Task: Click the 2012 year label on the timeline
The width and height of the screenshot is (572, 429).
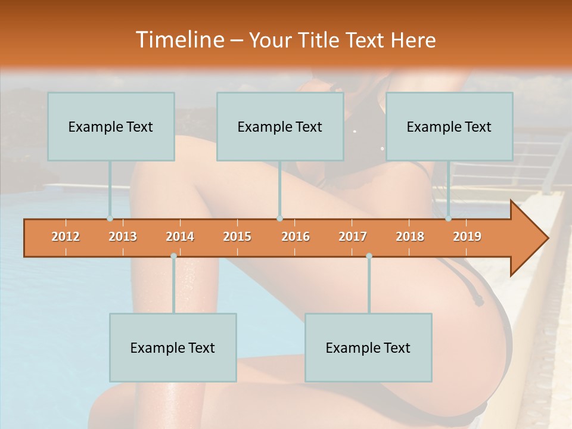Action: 66,237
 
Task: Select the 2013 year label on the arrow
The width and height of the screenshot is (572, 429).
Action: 123,237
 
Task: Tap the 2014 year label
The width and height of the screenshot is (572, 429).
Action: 180,237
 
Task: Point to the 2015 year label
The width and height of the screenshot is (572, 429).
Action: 237,237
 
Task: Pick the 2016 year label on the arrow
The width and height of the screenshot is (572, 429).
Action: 296,237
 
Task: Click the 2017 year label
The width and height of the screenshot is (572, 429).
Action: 353,237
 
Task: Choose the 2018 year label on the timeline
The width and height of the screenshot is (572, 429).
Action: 410,237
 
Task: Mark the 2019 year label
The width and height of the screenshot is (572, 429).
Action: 467,237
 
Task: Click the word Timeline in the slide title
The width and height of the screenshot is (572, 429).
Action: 179,40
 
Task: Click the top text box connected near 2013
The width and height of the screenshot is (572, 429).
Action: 111,126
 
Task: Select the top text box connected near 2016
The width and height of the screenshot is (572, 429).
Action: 280,126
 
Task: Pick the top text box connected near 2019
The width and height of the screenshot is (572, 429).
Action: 449,126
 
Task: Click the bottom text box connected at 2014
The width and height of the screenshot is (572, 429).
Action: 173,347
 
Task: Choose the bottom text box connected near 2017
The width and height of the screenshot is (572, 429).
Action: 368,347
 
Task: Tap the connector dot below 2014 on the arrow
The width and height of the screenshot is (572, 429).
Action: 173,256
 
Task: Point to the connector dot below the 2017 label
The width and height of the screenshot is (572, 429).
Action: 369,256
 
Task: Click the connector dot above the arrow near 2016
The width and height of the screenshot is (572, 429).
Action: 279,219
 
